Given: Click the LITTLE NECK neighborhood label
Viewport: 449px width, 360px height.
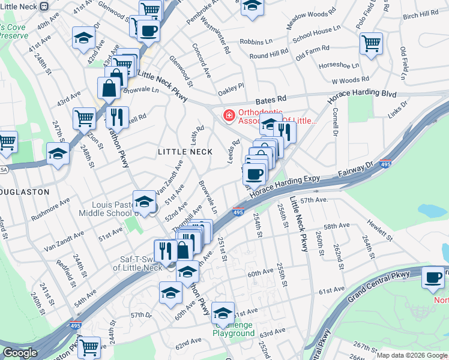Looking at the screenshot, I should [185, 152].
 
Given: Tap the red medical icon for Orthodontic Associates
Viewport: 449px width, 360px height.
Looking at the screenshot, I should [229, 115].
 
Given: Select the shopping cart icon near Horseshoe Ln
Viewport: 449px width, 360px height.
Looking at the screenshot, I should [372, 43].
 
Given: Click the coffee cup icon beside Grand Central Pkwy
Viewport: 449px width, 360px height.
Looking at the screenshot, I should [432, 277].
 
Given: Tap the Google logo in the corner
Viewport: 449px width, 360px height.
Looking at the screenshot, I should [20, 353].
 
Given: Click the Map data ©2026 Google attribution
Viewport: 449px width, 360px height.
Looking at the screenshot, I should [411, 355].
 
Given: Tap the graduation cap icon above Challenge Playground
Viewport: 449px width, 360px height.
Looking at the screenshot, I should [223, 312].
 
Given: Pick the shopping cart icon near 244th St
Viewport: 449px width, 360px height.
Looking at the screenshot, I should [89, 346].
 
